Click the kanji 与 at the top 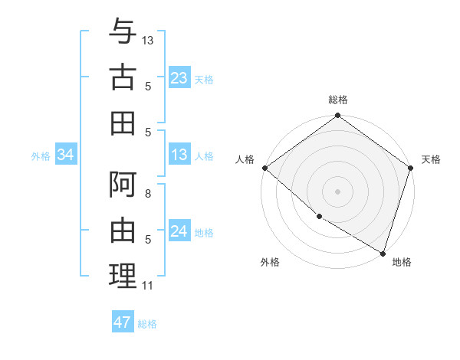123,32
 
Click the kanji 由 123,231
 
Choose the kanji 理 123,276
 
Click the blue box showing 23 179,78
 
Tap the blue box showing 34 66,155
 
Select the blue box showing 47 123,322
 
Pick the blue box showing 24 179,232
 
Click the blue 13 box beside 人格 179,155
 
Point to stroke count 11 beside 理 147,286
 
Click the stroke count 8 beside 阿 147,195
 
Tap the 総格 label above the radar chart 338,100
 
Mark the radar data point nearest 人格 264,168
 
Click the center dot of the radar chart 338,191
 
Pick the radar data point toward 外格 318,217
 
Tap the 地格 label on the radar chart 402,262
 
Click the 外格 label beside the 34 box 41,156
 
